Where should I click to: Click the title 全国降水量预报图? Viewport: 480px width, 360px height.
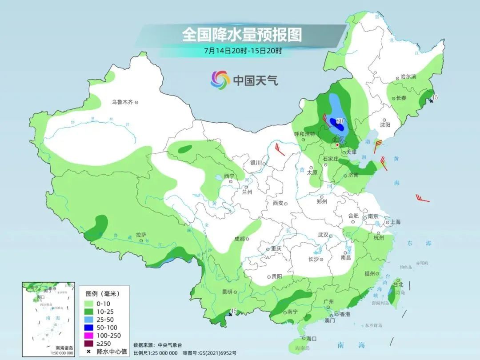241,34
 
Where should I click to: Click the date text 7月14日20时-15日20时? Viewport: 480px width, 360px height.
243,51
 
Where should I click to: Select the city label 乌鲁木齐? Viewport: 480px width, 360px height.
122,102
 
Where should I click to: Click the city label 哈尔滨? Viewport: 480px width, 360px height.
408,77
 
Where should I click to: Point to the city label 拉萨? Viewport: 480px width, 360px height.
141,234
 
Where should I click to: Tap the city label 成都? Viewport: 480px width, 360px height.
239,239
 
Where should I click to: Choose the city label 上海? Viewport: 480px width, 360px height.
394,222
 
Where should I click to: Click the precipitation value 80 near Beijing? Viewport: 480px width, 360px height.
340,120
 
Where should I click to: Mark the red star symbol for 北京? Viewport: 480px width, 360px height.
338,145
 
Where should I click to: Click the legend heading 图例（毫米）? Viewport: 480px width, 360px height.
102,294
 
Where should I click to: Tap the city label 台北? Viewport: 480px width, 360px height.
398,284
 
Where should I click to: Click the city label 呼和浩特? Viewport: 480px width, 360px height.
304,134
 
